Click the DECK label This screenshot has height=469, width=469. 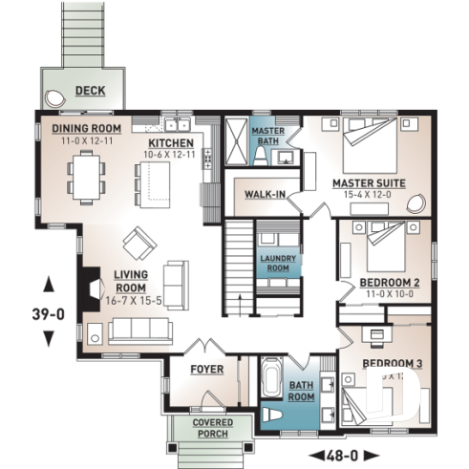[91, 92]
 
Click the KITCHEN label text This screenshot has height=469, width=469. [170, 142]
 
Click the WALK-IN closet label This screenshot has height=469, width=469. [264, 194]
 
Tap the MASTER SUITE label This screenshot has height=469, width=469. [368, 182]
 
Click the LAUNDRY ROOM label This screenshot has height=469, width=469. [278, 263]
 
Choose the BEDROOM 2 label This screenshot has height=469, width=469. [390, 284]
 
